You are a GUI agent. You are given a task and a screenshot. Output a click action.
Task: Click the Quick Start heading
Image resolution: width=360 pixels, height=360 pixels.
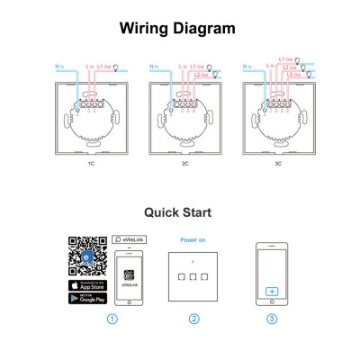click(178, 212)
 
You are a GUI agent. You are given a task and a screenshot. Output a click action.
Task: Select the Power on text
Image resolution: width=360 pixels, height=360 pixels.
click(193, 240)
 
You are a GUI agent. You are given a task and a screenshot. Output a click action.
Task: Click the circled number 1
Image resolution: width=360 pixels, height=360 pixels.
click(112, 318)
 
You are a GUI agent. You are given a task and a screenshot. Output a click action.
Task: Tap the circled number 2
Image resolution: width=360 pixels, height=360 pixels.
click(193, 318)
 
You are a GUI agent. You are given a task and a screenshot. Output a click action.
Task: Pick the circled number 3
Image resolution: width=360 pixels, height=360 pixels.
click(272, 318)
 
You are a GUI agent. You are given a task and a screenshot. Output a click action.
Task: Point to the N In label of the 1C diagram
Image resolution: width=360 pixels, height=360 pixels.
click(59, 66)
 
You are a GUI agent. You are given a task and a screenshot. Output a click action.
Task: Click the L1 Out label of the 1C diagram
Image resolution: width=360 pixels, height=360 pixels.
click(104, 66)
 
